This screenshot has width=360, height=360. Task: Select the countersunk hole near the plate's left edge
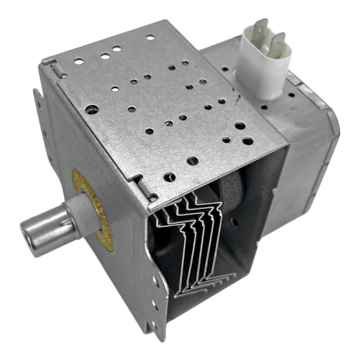coord(92,109)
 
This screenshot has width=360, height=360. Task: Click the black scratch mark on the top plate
coord(235,97)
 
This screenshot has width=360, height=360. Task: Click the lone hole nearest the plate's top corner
coord(150,37)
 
